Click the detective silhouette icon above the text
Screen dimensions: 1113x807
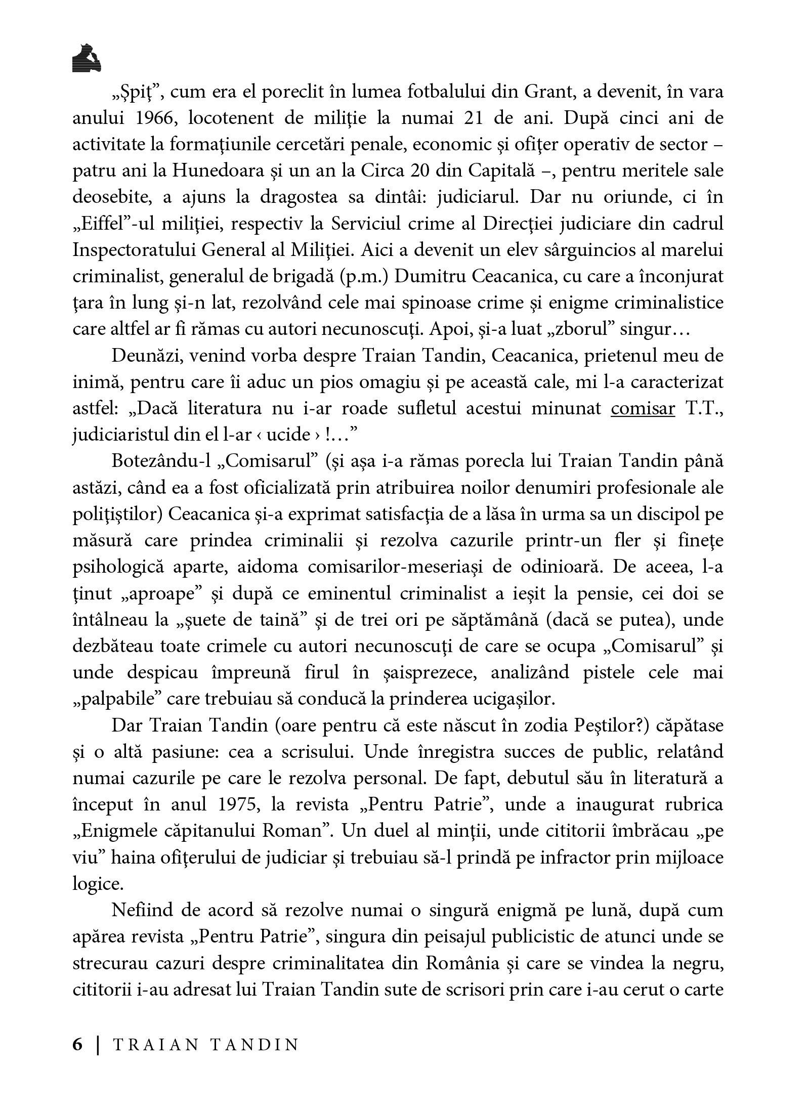pyautogui.click(x=87, y=57)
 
